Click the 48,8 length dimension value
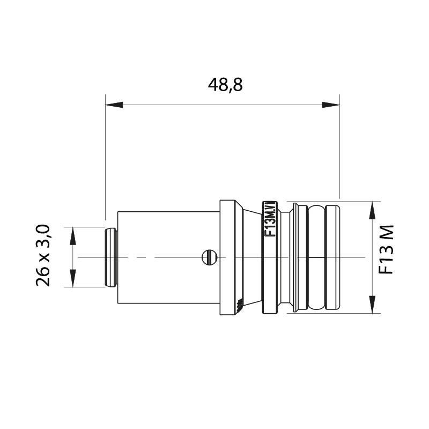coord(225,85)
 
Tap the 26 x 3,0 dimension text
coord(43,256)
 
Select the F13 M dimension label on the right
coord(386,249)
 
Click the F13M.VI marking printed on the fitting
coord(270,219)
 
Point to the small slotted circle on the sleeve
coord(210,257)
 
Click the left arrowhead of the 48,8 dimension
coord(114,105)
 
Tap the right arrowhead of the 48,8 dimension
coord(331,105)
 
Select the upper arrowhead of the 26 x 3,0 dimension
coord(73,236)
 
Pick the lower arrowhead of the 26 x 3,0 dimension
coord(73,278)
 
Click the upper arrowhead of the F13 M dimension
coord(372,210)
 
